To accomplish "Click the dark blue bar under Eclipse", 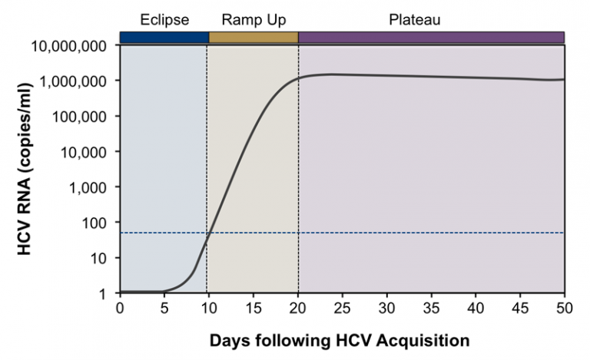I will click(164, 37).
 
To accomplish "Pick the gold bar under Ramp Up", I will click(253, 37).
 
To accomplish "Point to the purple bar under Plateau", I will click(431, 37).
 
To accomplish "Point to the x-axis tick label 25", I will click(342, 308).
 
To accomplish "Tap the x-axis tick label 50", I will click(565, 308).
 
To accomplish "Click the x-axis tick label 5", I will click(164, 308).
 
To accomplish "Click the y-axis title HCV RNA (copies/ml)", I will click(25, 168).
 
